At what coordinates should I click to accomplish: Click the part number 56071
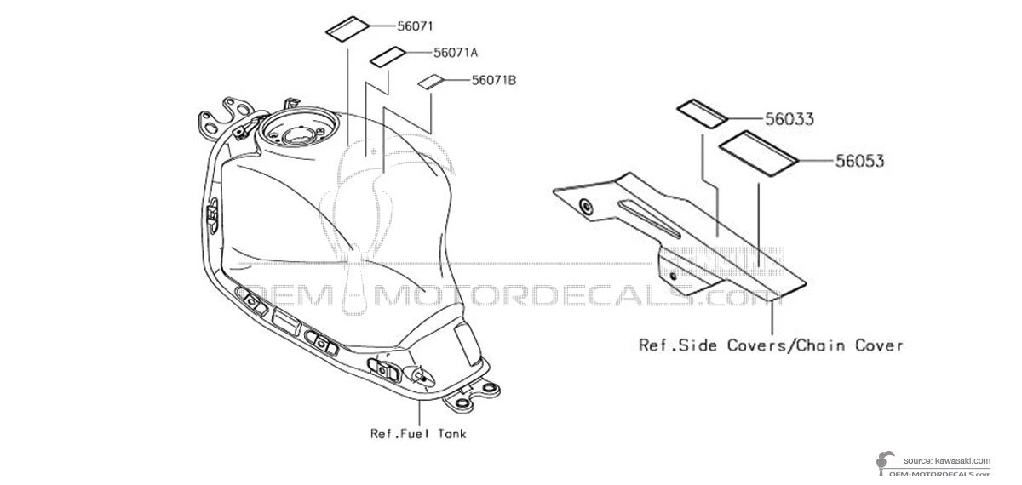[415, 26]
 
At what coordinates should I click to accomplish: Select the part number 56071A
[456, 53]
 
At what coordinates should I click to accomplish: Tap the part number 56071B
[494, 80]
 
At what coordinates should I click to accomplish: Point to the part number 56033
[789, 119]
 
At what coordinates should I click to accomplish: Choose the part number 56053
[860, 161]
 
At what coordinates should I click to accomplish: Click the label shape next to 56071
[347, 30]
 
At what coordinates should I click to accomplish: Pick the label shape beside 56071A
[388, 57]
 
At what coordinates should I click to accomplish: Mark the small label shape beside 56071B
[431, 82]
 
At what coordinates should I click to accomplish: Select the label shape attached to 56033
[702, 114]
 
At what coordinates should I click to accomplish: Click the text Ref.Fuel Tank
[418, 433]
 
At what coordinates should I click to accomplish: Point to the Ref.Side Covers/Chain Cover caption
[771, 345]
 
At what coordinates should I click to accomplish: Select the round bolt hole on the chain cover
[585, 207]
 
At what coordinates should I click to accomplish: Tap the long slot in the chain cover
[649, 219]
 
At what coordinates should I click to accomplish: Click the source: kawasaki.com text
[947, 461]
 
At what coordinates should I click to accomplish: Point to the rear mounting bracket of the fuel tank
[470, 397]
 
